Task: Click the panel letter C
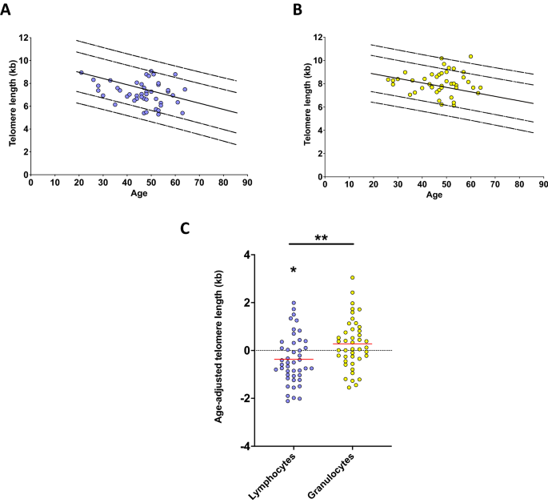point(185,229)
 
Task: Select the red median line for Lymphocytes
point(294,360)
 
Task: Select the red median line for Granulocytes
point(352,344)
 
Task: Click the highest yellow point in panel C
point(352,278)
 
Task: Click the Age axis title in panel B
point(434,195)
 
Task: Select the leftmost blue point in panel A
point(81,72)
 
